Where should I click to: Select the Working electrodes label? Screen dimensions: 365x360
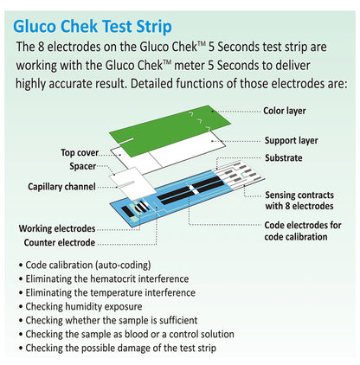coord(57,228)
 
